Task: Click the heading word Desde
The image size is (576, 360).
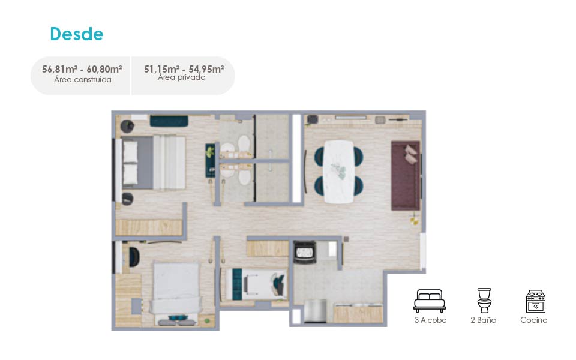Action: [77, 34]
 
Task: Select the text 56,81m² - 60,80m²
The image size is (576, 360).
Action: [82, 69]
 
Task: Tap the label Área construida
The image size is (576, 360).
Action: [83, 80]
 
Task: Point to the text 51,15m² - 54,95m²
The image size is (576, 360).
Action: [184, 69]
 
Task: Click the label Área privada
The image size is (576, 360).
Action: [182, 77]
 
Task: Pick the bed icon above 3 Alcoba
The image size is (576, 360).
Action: [430, 301]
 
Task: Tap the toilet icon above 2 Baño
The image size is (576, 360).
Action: [484, 300]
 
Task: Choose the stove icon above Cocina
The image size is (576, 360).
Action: [536, 301]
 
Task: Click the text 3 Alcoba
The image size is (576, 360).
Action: [431, 320]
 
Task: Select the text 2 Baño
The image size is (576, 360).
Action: [484, 320]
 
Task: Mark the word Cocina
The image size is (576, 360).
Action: [534, 320]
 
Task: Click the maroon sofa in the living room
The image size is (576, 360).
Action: [406, 176]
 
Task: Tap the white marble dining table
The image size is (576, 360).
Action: [338, 172]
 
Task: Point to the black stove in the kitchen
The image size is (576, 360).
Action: [305, 251]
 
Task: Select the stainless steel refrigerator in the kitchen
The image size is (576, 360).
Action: [315, 311]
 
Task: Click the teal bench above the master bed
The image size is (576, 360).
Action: [169, 121]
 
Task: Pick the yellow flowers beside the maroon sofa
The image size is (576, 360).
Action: [415, 219]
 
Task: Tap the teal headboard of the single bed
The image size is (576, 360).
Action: [238, 284]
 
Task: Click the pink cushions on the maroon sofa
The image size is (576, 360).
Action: [411, 154]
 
